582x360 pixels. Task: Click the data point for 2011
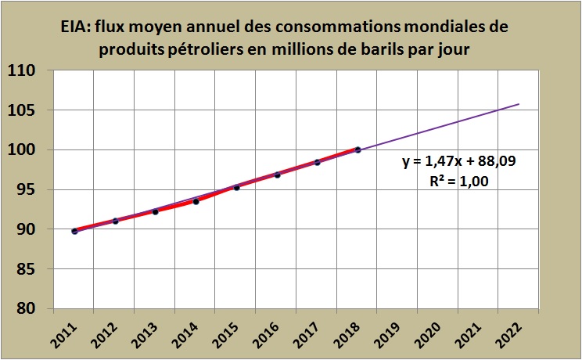tap(74, 231)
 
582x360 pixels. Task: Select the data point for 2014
tap(196, 201)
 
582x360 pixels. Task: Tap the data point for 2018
tap(357, 149)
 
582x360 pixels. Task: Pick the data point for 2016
tap(277, 175)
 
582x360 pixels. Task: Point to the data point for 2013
tap(155, 211)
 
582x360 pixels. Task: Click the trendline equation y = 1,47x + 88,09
tap(458, 163)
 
